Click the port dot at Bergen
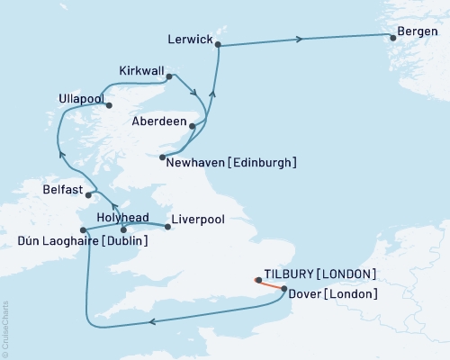(x=392, y=37)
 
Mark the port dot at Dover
(x=285, y=290)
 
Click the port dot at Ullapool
(x=110, y=105)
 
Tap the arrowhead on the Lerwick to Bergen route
(x=301, y=38)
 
